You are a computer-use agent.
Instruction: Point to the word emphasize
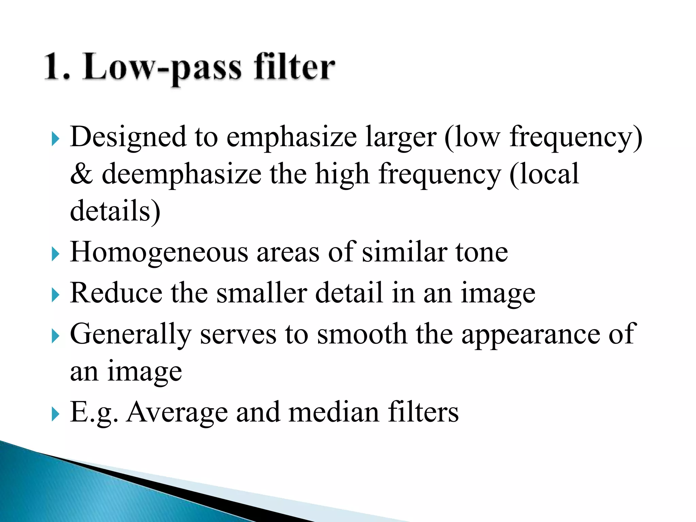point(292,138)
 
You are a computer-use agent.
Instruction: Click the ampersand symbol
point(81,174)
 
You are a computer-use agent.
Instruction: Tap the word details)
point(115,211)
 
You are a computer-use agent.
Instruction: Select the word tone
point(482,253)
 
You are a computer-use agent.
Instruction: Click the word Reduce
point(116,293)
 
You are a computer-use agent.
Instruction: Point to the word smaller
point(262,293)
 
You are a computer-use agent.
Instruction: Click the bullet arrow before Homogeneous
point(55,254)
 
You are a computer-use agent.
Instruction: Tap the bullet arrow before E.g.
point(55,414)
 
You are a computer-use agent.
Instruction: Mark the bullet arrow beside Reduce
point(55,295)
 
